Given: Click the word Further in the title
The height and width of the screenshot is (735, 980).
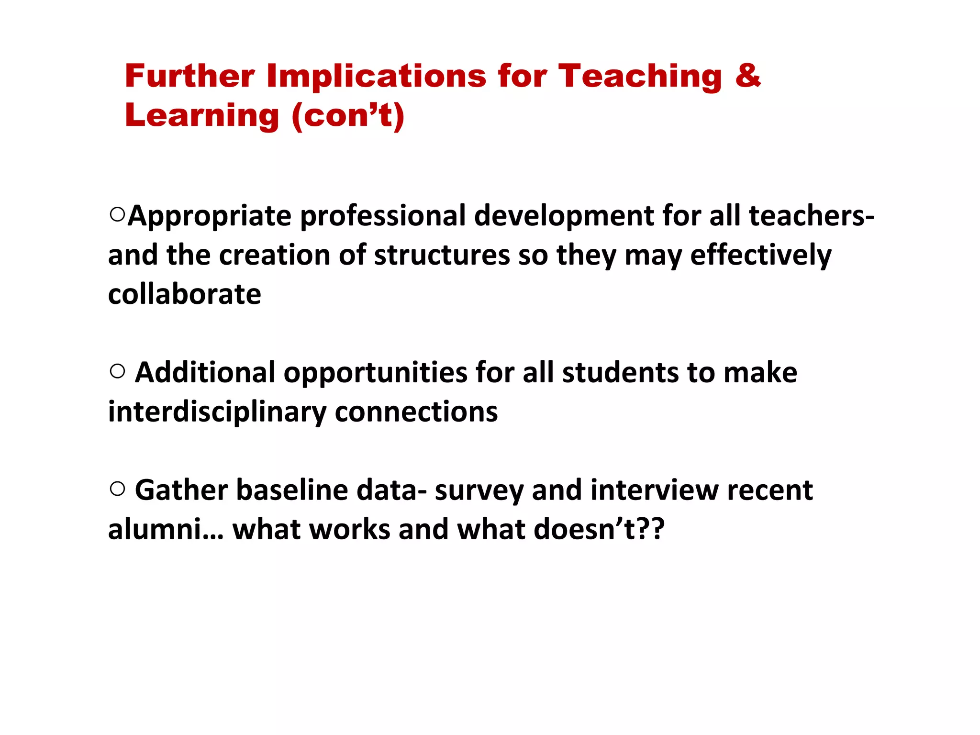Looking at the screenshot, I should point(189,76).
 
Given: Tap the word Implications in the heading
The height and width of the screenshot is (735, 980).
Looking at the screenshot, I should point(376,76).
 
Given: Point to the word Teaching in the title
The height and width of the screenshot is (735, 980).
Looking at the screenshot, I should point(640,76).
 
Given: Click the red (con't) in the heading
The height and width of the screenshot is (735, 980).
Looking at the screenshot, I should point(348,116).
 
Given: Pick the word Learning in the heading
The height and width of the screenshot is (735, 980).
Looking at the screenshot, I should point(201,116).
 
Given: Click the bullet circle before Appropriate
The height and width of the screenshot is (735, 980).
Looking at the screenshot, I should point(117,214).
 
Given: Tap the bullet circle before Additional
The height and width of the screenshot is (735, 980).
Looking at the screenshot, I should point(117,371).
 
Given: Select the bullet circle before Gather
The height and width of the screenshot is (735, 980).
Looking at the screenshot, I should point(117,489).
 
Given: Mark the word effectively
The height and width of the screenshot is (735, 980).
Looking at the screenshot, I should point(761,255).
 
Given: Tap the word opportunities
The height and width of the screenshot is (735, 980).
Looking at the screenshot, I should point(375,373).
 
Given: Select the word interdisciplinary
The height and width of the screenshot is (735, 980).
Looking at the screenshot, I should point(217,412).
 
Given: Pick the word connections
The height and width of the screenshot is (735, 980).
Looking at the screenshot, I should point(416,412).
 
